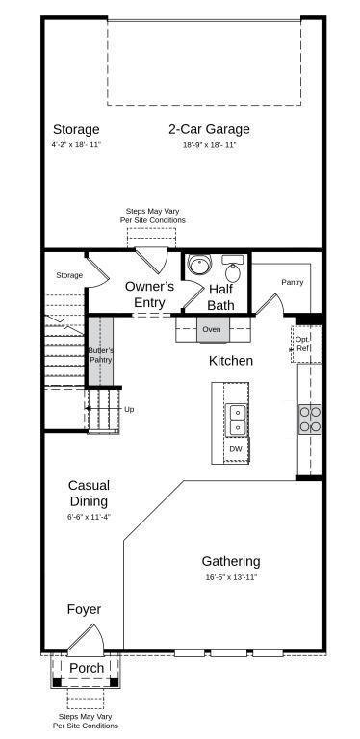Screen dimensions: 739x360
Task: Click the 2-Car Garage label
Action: tap(209, 129)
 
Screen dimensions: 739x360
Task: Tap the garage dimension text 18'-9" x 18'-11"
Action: tap(209, 145)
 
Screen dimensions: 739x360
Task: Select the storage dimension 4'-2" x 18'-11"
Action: tap(76, 145)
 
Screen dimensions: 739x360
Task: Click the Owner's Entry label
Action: tap(149, 294)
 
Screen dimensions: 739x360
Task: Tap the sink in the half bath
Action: tap(233, 260)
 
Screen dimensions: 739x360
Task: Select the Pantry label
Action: tap(293, 282)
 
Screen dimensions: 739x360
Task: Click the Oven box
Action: tap(213, 329)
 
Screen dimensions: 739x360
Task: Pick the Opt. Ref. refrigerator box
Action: tap(303, 344)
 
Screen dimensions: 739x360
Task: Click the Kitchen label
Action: tap(231, 361)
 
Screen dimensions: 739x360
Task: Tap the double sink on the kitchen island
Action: tap(236, 420)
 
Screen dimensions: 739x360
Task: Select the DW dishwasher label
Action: tap(236, 449)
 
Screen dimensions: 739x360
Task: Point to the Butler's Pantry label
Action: tap(101, 355)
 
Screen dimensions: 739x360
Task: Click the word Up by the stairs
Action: tap(129, 409)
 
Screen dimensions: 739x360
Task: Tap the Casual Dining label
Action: tap(89, 494)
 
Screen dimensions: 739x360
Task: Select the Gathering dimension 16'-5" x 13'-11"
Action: tap(230, 577)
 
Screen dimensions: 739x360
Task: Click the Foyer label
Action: tap(84, 609)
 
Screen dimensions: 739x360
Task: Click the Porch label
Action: tap(86, 668)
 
